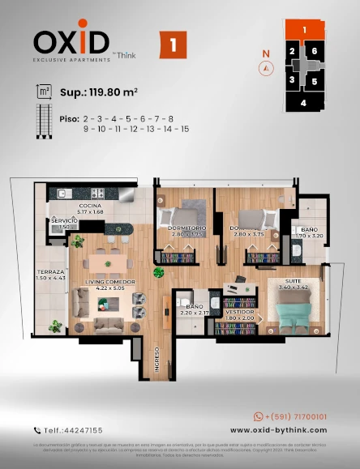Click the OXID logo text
(71, 41)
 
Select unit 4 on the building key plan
(303, 103)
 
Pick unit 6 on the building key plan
(314, 52)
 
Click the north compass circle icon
(264, 69)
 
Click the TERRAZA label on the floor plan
(50, 275)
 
